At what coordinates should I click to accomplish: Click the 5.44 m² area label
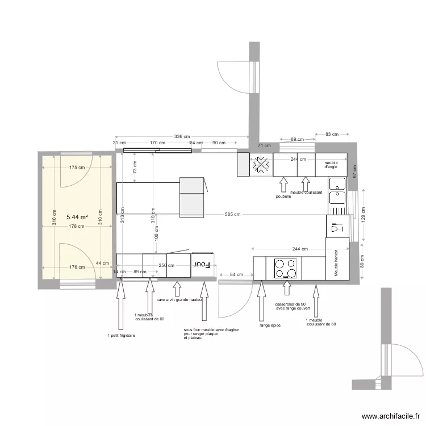point(77,217)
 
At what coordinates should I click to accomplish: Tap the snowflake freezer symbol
point(262,165)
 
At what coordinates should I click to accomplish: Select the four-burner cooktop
point(285,268)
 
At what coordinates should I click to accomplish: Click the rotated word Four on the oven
point(203,265)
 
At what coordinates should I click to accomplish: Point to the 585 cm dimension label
point(232,214)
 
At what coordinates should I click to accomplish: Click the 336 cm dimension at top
point(182,136)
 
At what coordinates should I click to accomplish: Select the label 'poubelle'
point(283,196)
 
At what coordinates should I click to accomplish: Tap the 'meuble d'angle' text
point(331,165)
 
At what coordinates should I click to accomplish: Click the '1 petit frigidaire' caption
point(121,336)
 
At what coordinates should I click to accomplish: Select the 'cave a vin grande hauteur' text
point(179,299)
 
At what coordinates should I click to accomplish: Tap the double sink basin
point(337,191)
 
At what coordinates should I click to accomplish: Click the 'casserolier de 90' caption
point(290,304)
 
